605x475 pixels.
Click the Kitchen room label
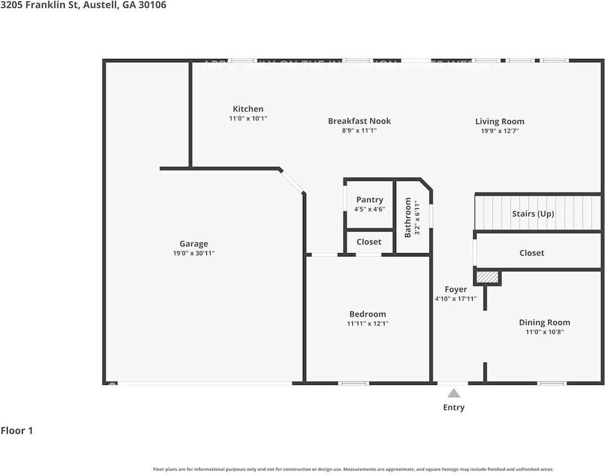pyautogui.click(x=248, y=109)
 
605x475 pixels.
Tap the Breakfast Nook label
pyautogui.click(x=359, y=121)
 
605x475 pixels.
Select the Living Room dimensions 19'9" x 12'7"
pyautogui.click(x=500, y=131)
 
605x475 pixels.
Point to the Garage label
pyautogui.click(x=193, y=243)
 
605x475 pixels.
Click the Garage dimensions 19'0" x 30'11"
pyautogui.click(x=193, y=253)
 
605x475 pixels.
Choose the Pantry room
pyautogui.click(x=370, y=204)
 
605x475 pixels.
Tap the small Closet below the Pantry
pyautogui.click(x=369, y=242)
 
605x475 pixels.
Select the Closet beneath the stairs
pyautogui.click(x=532, y=253)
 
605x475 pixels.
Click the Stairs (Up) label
pyautogui.click(x=533, y=214)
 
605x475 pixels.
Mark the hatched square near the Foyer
pyautogui.click(x=487, y=277)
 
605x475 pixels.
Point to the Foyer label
pyautogui.click(x=456, y=289)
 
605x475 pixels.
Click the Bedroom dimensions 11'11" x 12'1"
pyautogui.click(x=368, y=324)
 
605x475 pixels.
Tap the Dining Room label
pyautogui.click(x=544, y=322)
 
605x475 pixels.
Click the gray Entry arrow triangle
pyautogui.click(x=454, y=393)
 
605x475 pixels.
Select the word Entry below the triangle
pyautogui.click(x=454, y=408)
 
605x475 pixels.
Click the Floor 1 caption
pyautogui.click(x=17, y=430)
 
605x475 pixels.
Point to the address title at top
pyautogui.click(x=83, y=5)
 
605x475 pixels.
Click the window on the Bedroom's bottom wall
pyautogui.click(x=354, y=383)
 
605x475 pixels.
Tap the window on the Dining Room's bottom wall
pyautogui.click(x=552, y=383)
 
